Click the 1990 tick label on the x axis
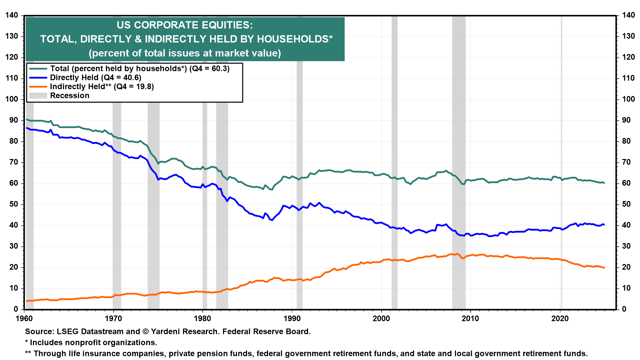click(292, 318)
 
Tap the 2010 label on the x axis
click(470, 318)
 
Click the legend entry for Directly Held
click(95, 78)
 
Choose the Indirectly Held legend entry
click(102, 87)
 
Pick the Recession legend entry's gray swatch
click(38, 96)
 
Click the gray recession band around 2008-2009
click(459, 167)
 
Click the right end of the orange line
click(604, 268)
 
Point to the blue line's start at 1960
click(27, 128)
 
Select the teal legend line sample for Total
click(38, 69)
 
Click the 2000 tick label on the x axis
click(381, 318)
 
